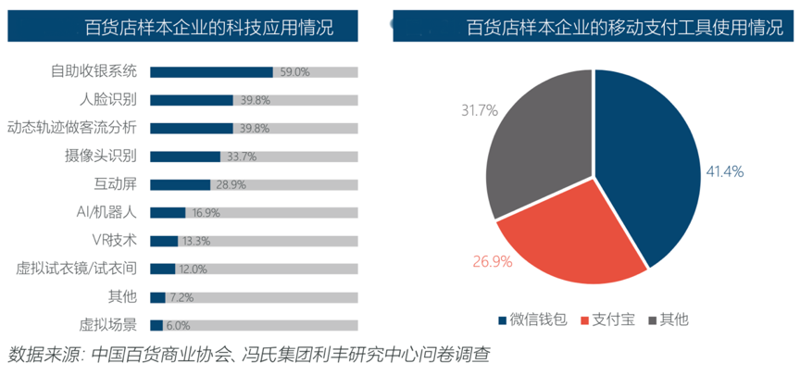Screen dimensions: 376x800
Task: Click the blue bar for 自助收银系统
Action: point(211,71)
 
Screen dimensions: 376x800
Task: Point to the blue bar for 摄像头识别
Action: point(184,157)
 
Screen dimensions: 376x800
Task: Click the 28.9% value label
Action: point(231,184)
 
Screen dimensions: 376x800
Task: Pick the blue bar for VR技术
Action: point(163,241)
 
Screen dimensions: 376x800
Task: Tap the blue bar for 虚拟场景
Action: point(156,325)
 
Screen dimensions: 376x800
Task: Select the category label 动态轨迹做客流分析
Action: point(72,128)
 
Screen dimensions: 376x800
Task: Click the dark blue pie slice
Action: point(648,167)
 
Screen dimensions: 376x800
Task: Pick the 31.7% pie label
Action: point(479,110)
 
